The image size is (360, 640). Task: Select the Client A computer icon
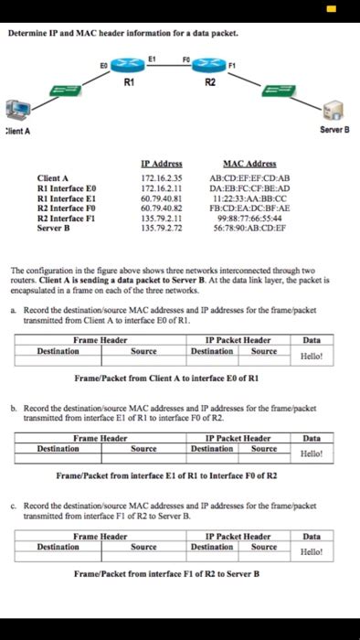[16, 111]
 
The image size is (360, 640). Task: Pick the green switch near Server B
[278, 90]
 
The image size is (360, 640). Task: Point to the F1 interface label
[233, 66]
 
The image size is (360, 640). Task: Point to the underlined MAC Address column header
[238, 162]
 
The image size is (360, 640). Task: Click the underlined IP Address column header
[162, 162]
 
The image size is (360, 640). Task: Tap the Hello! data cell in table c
[312, 551]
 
